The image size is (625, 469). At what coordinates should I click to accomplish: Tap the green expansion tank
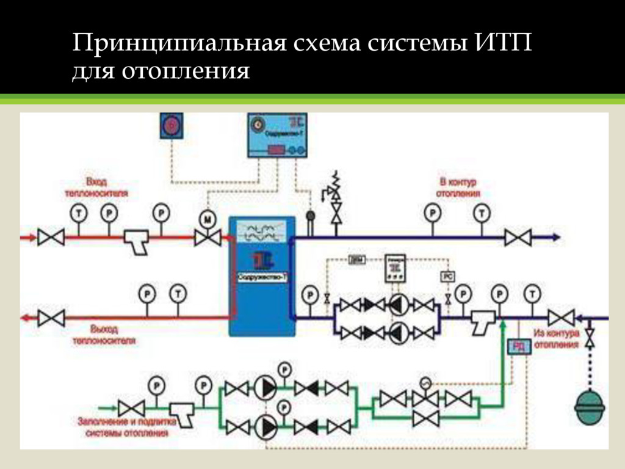pyautogui.click(x=590, y=406)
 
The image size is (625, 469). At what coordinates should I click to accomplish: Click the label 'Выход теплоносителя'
pyautogui.click(x=104, y=335)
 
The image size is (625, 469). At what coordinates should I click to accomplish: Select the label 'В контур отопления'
pyautogui.click(x=457, y=187)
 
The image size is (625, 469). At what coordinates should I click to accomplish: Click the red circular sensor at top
pyautogui.click(x=172, y=126)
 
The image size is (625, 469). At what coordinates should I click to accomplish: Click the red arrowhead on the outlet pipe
pyautogui.click(x=25, y=318)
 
